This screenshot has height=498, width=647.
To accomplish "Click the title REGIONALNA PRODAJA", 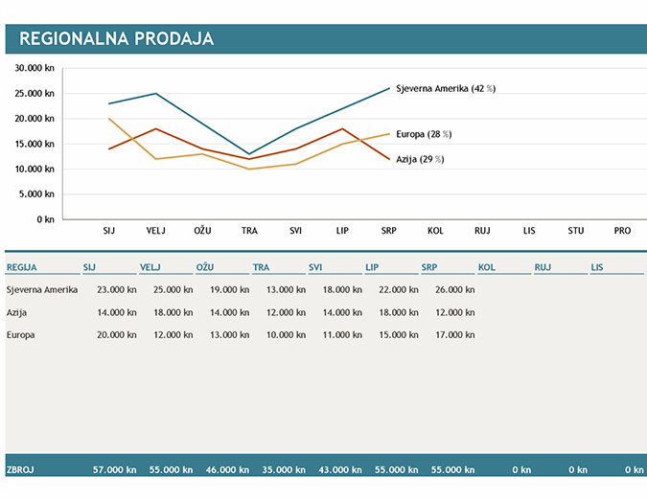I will point(116,39).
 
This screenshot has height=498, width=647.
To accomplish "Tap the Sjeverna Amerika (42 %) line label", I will point(445,88).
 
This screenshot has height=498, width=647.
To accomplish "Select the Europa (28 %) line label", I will point(424,134).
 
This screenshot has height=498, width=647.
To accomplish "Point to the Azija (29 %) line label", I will point(420,159).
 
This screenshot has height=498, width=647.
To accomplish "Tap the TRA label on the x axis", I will point(249,231).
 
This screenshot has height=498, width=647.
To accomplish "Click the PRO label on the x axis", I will point(623,231).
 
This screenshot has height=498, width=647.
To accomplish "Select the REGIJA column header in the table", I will point(21,267).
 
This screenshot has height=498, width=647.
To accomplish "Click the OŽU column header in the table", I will point(205,267).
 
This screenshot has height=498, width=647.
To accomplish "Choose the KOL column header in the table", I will point(487,267).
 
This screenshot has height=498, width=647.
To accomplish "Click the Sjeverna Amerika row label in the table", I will point(41,288).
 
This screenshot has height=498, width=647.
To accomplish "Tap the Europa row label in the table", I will point(22,334).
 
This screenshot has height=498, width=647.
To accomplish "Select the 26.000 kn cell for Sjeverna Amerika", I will point(454,288).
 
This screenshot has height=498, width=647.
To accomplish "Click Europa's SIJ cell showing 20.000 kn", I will point(117,334).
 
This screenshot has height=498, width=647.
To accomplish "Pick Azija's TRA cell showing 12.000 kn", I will point(286,311).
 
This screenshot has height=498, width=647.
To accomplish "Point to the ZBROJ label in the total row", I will point(21,470).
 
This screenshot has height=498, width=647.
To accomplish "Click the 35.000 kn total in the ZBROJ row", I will point(286,470).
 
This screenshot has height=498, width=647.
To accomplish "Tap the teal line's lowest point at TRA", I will point(249,154).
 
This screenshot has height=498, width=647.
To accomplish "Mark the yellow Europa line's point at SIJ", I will point(109,119).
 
